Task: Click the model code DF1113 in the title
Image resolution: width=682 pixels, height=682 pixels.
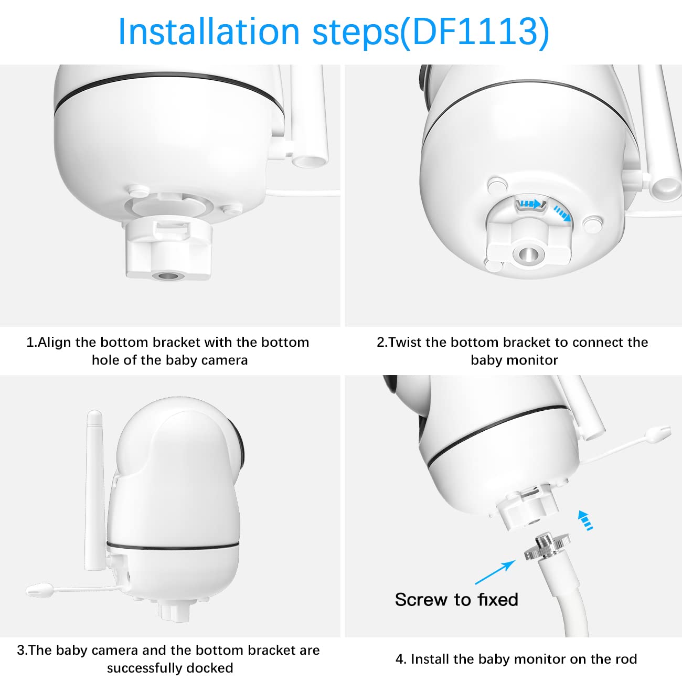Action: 475,31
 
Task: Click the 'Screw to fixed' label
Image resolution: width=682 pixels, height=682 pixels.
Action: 456,600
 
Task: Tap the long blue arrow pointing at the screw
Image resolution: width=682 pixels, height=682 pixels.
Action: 494,572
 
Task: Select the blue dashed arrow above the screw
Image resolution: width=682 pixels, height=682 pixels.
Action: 586,519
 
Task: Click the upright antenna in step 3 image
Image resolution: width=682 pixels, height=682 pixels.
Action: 94,488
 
